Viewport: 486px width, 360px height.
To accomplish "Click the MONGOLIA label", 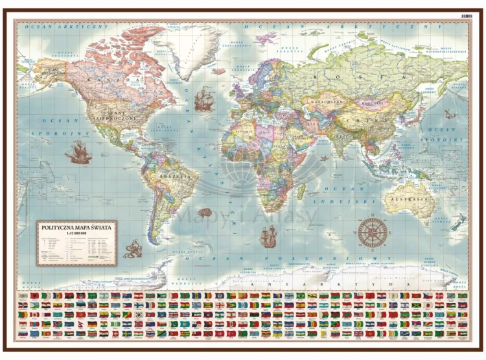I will coord(371,102).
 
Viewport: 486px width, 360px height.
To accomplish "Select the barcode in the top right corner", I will coord(466,14).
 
